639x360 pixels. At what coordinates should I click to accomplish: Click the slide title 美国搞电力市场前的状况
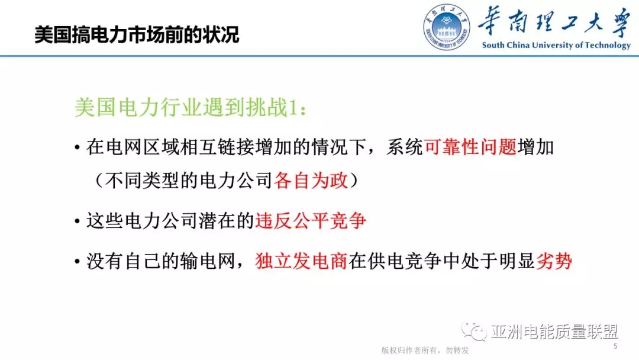click(x=137, y=34)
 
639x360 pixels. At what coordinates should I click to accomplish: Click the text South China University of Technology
click(x=556, y=45)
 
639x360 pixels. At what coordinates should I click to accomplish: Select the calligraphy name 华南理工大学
click(x=554, y=22)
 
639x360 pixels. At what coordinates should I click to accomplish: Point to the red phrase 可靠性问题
click(x=470, y=146)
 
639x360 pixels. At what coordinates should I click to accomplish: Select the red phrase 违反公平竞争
click(x=311, y=221)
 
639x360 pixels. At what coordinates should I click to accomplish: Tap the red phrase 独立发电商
click(x=301, y=261)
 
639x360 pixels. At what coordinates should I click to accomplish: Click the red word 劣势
click(x=554, y=261)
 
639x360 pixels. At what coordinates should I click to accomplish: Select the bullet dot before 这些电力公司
click(x=78, y=222)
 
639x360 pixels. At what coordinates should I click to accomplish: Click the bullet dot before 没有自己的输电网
click(x=78, y=262)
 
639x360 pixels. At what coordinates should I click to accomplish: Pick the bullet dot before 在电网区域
click(x=78, y=147)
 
